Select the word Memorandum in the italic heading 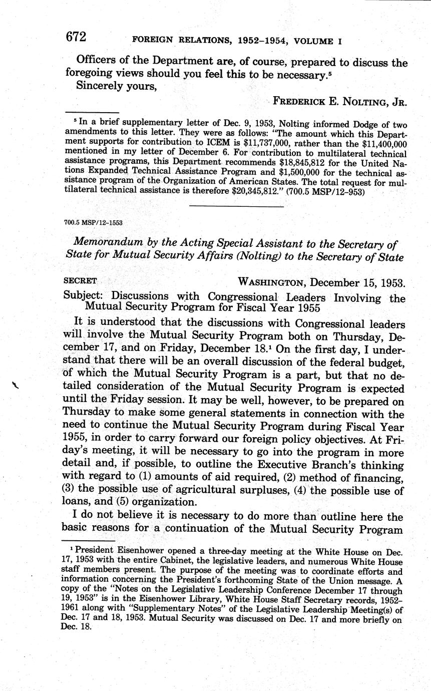[108, 244]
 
